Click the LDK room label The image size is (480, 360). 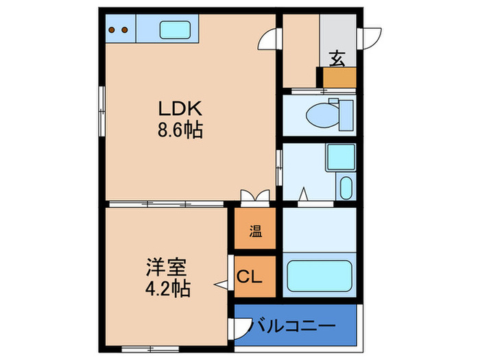coord(180,108)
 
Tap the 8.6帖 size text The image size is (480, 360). coord(180,130)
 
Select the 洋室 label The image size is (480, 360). coord(166,267)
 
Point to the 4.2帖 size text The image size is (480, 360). coord(168,289)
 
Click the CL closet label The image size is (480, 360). coord(250,277)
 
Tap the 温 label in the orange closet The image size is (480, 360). coord(255,232)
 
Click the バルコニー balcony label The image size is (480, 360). coord(293,326)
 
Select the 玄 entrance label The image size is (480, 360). coord(337,59)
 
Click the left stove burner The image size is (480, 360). coord(112,29)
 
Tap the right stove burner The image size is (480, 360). coord(125,29)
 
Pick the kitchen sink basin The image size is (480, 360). coord(175,29)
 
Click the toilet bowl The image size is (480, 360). coord(322,116)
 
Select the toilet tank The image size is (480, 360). coord(346,115)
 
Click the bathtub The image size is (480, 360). coord(320,276)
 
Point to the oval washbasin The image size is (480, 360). coord(346,188)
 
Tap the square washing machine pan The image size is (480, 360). coord(341,157)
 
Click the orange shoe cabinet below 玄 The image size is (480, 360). coord(339,77)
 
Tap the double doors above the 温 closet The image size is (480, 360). coord(255,195)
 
